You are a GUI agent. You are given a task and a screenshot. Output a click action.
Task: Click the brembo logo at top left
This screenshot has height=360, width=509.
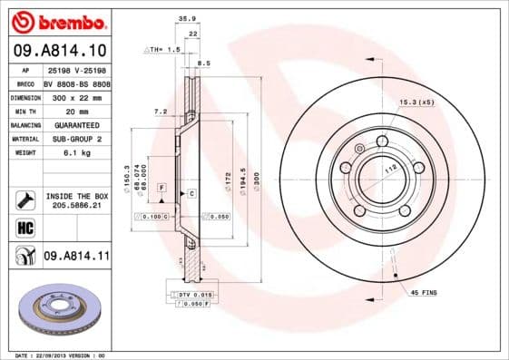point(56,21)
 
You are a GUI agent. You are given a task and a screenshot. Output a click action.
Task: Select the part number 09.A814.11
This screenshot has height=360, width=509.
point(77,258)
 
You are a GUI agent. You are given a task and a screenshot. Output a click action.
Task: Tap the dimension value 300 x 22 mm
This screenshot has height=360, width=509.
point(76,96)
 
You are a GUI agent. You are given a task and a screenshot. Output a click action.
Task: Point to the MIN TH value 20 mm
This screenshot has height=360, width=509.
point(76,110)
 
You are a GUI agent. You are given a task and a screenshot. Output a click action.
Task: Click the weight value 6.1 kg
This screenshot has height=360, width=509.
point(76,153)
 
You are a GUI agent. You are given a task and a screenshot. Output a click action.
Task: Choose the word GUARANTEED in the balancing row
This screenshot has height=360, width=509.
point(76,124)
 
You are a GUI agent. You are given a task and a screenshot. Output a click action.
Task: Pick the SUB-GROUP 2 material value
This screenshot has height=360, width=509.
point(76,139)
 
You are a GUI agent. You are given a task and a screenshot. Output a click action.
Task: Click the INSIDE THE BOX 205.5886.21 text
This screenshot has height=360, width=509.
point(77,200)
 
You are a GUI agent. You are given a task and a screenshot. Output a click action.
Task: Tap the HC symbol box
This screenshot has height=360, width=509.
point(24,228)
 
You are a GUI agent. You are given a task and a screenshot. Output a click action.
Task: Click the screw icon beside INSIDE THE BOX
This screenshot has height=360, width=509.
point(24,199)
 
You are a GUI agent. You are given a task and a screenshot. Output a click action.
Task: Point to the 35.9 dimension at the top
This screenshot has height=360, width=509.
point(189,17)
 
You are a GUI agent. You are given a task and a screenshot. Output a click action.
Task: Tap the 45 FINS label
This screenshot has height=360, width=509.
point(424,293)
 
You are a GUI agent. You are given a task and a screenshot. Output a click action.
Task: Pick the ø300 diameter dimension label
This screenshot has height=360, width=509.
point(256,180)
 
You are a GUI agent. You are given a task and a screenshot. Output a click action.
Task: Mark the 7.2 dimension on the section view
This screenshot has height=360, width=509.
point(160,111)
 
